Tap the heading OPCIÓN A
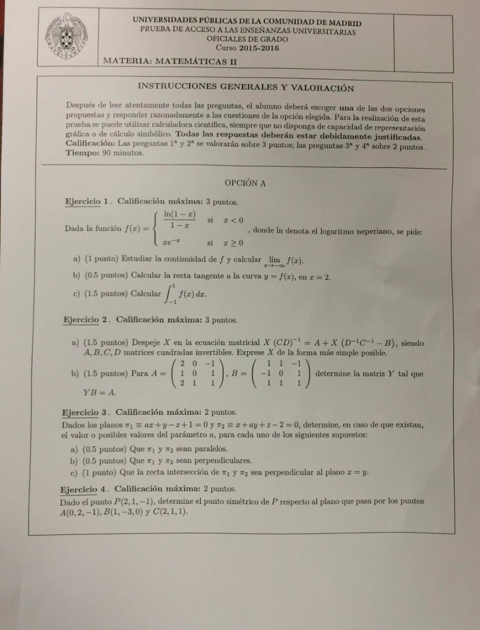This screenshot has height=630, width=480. [x=246, y=183]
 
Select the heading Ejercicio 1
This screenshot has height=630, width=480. [x=88, y=202]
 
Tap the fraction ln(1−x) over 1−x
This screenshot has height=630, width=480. [x=180, y=220]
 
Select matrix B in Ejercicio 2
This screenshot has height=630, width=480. [x=279, y=373]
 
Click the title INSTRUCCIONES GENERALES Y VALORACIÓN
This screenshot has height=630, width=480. [x=245, y=87]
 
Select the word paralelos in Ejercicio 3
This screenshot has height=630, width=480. [x=208, y=449]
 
